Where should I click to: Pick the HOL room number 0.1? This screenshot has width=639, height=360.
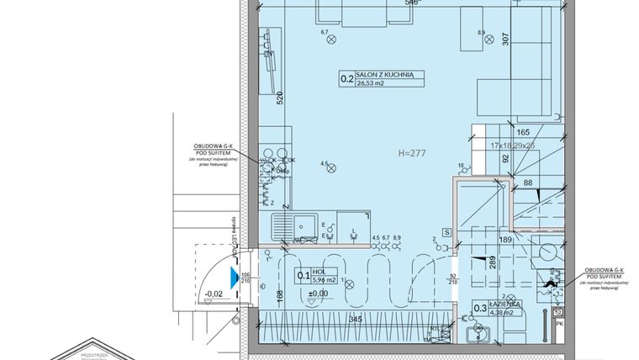coord(304,275)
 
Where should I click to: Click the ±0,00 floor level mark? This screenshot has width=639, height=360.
coord(318,293)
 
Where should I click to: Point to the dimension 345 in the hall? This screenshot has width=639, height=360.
coord(355,320)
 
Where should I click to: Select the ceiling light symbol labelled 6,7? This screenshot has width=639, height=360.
coord(330,38)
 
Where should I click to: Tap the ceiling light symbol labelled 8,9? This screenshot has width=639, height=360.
coord(482,40)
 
